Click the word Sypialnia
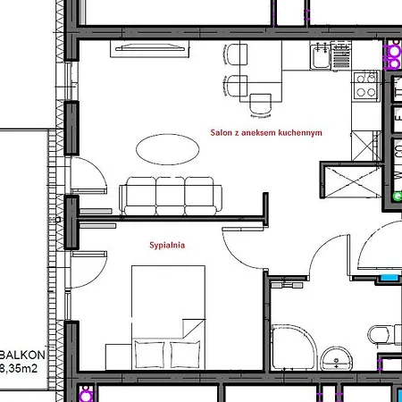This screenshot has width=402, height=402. click(167, 245)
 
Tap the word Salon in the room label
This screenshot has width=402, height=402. click(222, 132)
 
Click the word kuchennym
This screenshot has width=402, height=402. click(300, 132)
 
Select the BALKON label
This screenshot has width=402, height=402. click(22, 355)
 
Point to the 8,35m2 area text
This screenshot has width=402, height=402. click(19, 369)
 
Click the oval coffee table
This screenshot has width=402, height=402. click(168, 149)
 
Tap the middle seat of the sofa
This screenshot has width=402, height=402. click(170, 195)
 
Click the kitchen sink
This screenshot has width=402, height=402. click(321, 56)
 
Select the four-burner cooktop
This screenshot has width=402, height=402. click(366, 86)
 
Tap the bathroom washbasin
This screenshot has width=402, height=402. click(337, 358)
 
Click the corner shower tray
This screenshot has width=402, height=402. click(294, 348)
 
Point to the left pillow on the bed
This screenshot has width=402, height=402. click(149, 355)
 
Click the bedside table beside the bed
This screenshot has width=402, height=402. click(119, 357)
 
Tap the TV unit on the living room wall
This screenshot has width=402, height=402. click(149, 48)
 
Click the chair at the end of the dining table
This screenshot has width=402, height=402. click(261, 105)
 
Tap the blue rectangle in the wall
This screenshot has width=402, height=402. click(389, 278)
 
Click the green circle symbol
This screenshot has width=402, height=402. click(398, 197)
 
